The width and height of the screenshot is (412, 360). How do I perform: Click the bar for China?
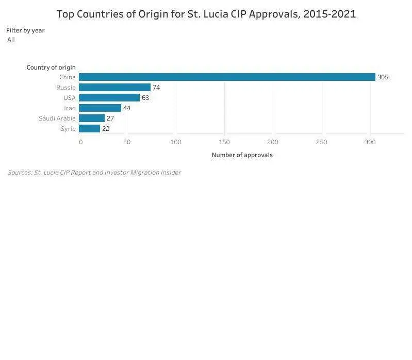click(x=227, y=77)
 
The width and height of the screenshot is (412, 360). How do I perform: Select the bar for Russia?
click(x=114, y=88)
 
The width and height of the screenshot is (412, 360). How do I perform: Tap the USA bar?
click(x=109, y=98)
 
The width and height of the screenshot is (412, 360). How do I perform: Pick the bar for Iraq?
click(x=100, y=108)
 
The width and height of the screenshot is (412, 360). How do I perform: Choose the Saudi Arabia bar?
click(x=92, y=118)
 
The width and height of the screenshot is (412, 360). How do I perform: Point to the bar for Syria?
click(x=89, y=129)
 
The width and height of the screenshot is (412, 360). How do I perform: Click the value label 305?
click(x=383, y=77)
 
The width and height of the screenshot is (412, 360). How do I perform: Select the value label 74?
click(x=156, y=88)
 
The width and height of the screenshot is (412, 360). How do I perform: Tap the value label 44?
click(x=127, y=108)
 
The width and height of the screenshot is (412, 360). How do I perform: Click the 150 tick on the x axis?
click(x=224, y=142)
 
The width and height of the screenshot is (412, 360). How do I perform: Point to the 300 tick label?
click(x=370, y=142)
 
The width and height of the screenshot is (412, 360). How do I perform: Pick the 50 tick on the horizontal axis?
click(x=127, y=142)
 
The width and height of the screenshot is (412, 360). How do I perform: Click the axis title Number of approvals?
click(x=242, y=155)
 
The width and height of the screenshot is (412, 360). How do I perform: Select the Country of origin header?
click(x=51, y=67)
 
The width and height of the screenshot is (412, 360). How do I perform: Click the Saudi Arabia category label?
click(x=57, y=118)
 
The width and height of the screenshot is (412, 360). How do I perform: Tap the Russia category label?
click(x=66, y=88)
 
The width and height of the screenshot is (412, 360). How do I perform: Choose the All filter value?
click(x=11, y=40)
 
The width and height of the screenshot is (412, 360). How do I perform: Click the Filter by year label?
click(x=25, y=30)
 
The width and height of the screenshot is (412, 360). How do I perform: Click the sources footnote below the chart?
click(x=94, y=173)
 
